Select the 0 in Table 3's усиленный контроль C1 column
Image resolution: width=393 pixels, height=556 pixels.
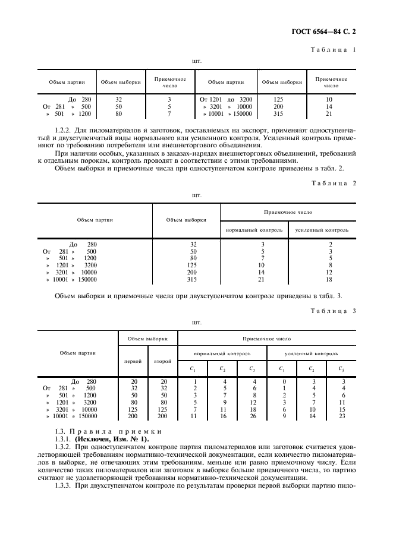click(284, 381)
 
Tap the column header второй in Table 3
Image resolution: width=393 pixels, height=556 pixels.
click(162, 361)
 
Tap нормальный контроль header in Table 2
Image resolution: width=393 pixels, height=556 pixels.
click(253, 229)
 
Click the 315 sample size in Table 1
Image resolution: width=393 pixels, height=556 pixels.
click(278, 113)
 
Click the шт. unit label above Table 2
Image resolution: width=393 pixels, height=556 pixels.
click(196, 194)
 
